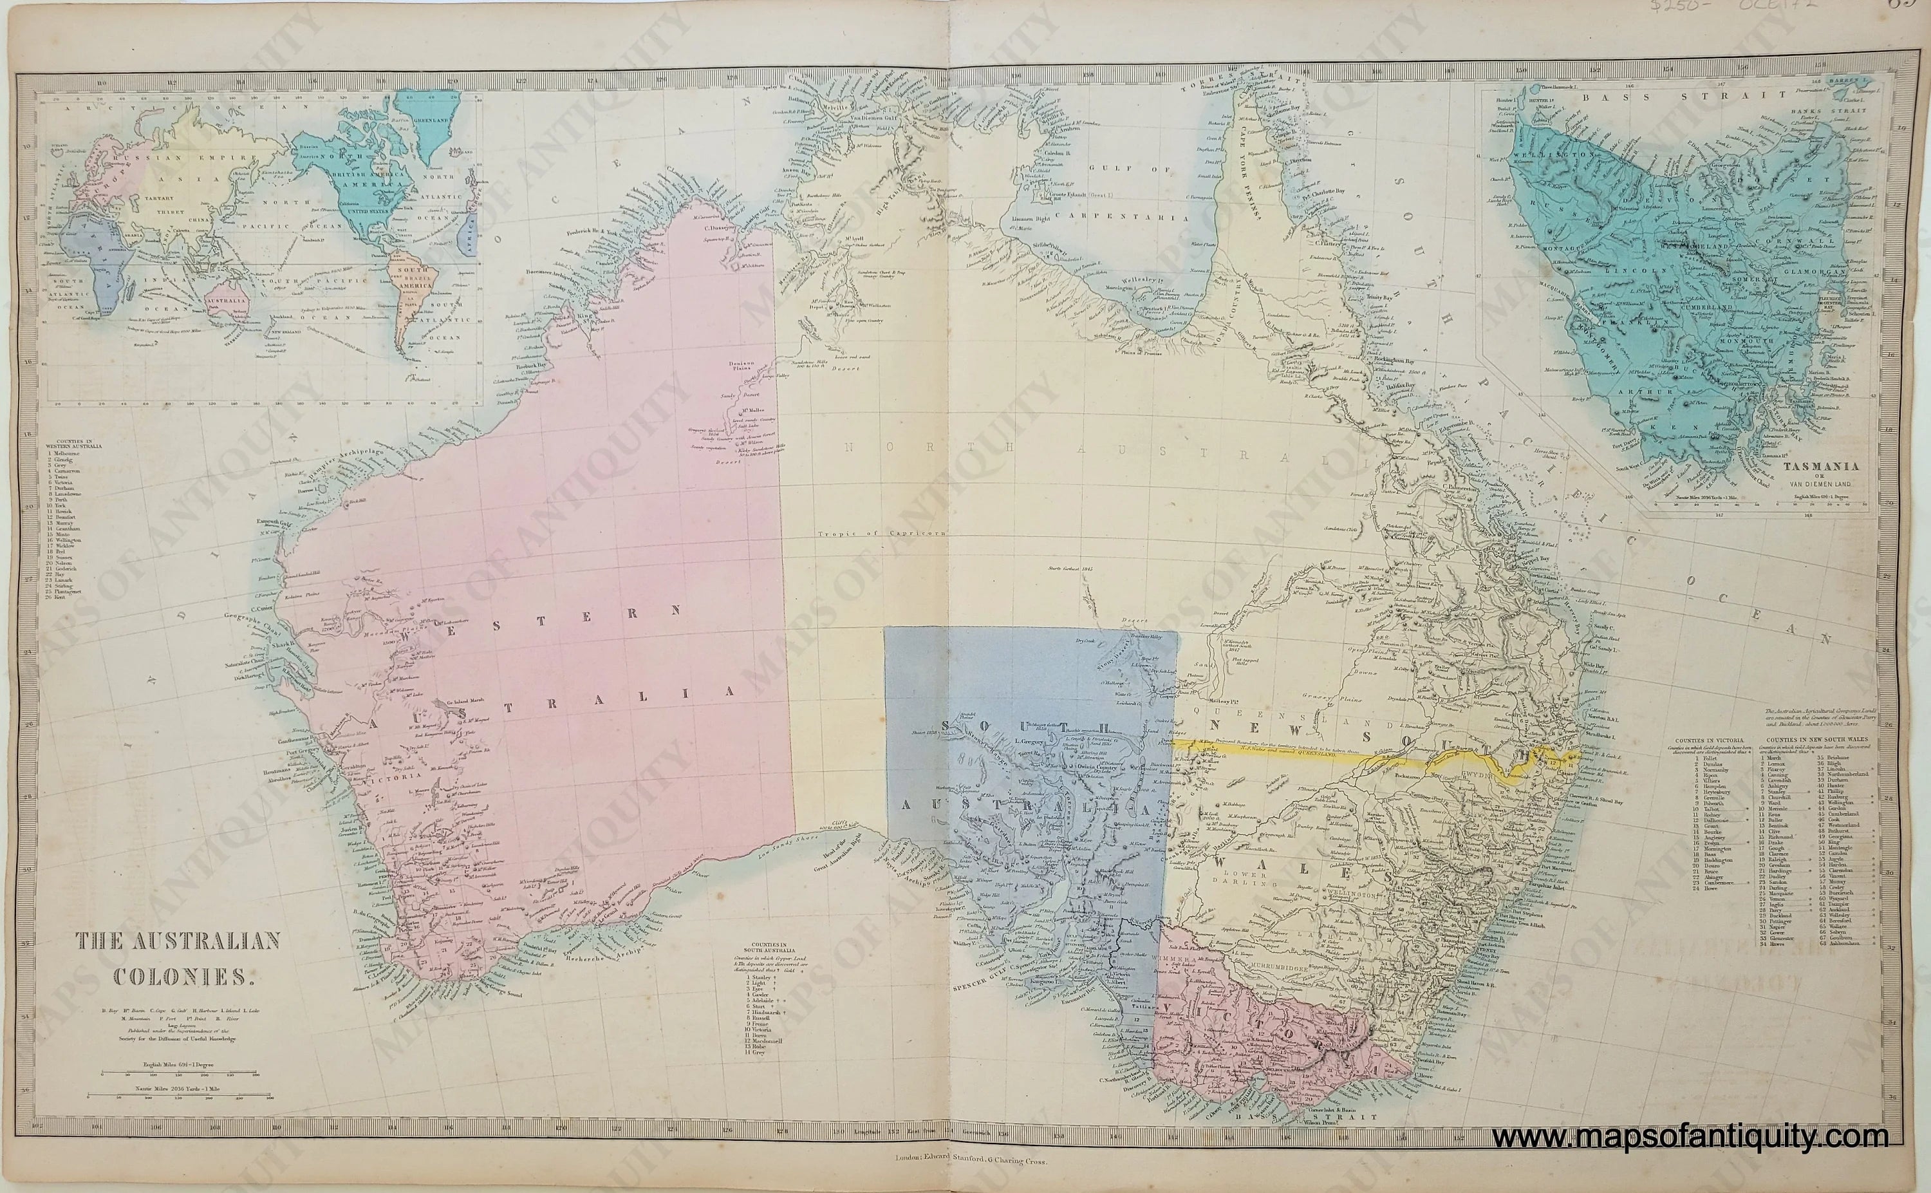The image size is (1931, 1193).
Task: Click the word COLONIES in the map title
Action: tap(182, 977)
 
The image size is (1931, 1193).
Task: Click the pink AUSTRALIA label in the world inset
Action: tap(227, 301)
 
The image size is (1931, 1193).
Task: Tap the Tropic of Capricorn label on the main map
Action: tap(881, 533)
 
